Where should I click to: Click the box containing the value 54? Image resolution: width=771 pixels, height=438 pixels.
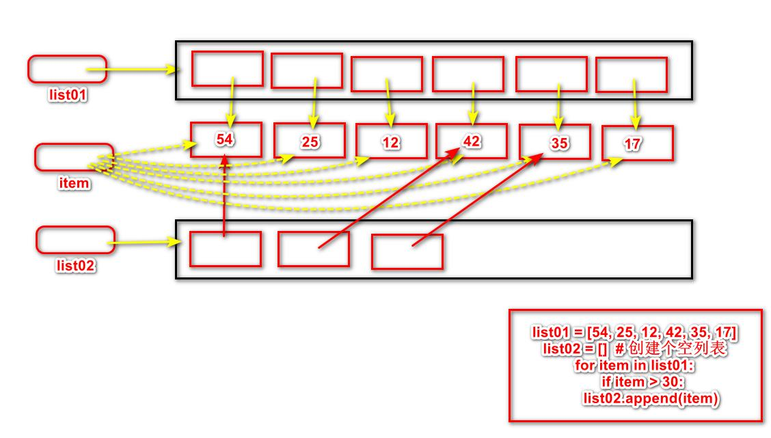[x=226, y=140]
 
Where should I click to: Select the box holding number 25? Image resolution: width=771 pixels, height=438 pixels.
[x=310, y=141]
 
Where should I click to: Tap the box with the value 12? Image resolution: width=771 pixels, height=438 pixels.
[x=391, y=142]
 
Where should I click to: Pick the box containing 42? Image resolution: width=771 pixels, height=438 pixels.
[x=472, y=141]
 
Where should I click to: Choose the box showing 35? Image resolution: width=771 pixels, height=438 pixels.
[x=554, y=142]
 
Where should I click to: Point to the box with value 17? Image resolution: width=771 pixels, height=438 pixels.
[x=637, y=143]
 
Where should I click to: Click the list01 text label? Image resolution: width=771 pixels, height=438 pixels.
[x=68, y=94]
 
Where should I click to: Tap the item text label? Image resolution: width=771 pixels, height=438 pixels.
[x=74, y=183]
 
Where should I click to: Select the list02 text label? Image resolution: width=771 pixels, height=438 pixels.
[x=75, y=265]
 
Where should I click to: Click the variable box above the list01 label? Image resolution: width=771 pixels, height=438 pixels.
[x=67, y=69]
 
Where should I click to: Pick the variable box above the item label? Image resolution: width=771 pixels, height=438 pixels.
[x=74, y=157]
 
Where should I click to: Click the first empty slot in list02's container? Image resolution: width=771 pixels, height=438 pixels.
[x=226, y=249]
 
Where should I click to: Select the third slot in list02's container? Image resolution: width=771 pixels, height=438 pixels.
[x=407, y=251]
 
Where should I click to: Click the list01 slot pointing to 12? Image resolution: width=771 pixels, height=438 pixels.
[x=387, y=74]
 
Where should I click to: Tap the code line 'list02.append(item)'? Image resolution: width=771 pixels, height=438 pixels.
[x=651, y=398]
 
